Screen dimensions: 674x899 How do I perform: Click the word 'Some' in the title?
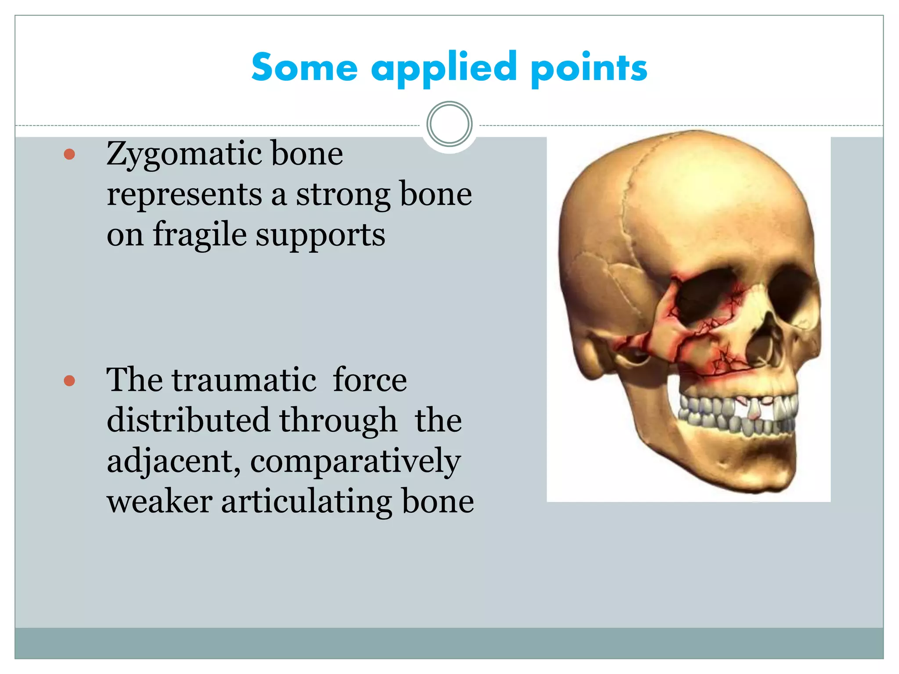pos(304,68)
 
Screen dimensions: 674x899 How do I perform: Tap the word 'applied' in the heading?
pos(444,68)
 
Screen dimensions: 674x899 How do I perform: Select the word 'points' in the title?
pos(588,68)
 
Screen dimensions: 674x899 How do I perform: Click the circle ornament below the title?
pos(449,124)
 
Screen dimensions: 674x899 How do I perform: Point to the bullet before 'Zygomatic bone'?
pos(69,154)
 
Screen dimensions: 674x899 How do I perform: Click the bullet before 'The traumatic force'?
pos(69,380)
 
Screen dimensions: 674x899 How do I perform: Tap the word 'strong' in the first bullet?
pos(342,195)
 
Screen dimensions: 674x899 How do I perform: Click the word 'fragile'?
pos(200,235)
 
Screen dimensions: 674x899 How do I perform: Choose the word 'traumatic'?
pos(244,380)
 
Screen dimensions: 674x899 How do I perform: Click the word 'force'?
pos(370,380)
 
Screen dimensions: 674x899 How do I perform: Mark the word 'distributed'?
pos(188,420)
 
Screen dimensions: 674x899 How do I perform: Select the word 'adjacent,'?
pos(174,462)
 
